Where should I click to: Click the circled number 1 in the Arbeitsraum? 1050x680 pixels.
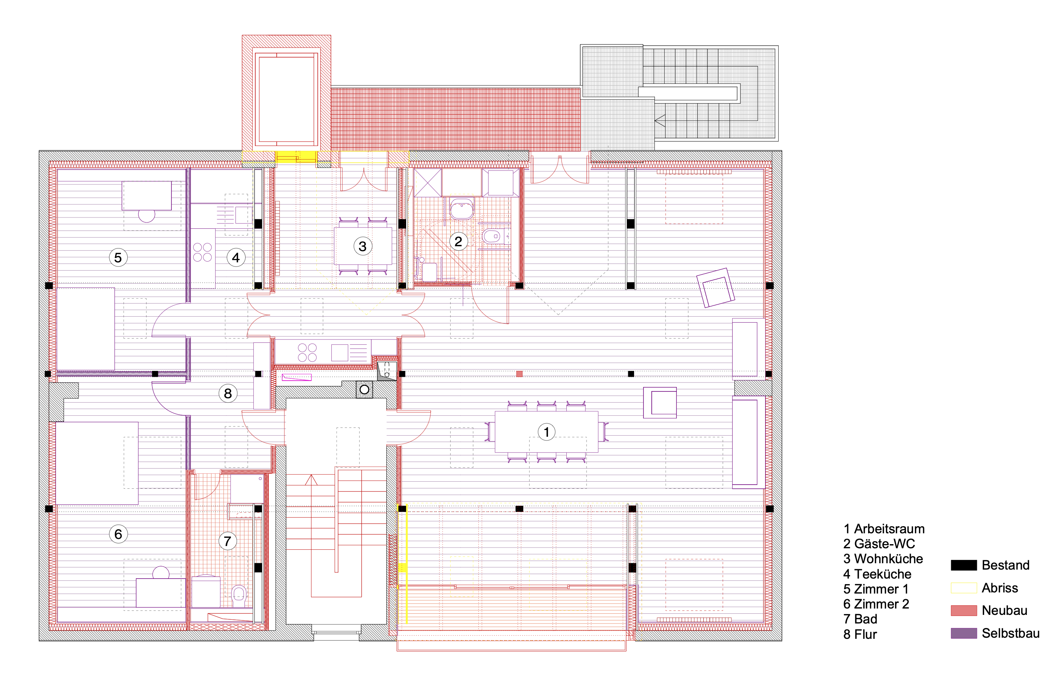tap(546, 432)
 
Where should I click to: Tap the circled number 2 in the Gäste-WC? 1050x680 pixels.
tap(459, 241)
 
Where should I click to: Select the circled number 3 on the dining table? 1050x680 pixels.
tap(363, 246)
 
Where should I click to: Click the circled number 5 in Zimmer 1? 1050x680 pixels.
tap(118, 257)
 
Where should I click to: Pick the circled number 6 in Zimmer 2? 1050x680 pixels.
tap(118, 534)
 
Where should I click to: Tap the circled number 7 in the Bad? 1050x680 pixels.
tap(228, 541)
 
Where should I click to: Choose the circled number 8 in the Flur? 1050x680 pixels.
tap(228, 393)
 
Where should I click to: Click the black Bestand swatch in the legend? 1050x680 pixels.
tap(964, 565)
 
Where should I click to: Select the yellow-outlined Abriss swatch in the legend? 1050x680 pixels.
tap(964, 588)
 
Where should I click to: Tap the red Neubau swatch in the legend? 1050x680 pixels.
tap(964, 610)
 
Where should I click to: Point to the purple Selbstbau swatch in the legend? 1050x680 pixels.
tap(964, 633)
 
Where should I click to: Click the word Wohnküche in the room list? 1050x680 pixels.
tap(889, 559)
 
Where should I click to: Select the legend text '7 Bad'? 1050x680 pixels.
tap(860, 619)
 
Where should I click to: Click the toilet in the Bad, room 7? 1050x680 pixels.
tap(239, 595)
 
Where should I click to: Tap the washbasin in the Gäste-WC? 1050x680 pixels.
tap(462, 208)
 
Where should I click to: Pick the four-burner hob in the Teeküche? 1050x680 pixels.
tap(203, 252)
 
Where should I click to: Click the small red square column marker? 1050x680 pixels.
tap(519, 374)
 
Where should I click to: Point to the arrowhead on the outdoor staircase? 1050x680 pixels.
tap(660, 121)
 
